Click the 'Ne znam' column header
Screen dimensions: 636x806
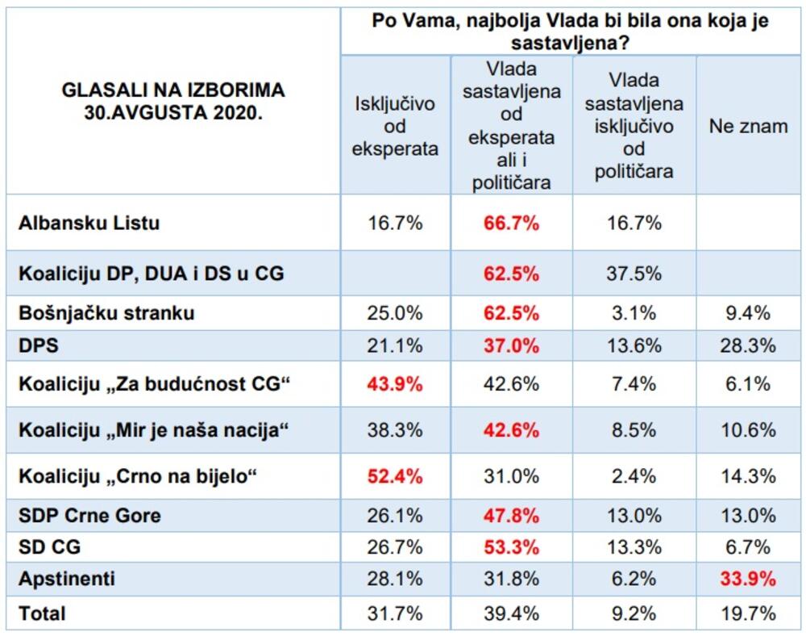748,126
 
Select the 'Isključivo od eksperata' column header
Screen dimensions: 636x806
395,126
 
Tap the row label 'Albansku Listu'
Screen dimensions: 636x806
89,223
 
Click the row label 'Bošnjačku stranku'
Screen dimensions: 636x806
106,313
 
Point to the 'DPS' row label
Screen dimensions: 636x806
38,345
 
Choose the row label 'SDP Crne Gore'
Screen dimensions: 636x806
89,515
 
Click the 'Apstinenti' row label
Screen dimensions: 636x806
66,579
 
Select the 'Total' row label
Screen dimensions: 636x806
42,613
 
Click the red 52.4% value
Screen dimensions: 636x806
395,476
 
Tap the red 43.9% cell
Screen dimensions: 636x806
395,384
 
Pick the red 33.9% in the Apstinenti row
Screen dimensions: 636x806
748,579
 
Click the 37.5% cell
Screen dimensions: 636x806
634,274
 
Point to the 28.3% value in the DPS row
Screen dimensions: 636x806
748,345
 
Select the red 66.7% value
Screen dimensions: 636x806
512,223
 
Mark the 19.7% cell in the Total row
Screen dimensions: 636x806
748,613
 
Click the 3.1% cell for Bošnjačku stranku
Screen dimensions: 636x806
634,313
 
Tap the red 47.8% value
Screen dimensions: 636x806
512,515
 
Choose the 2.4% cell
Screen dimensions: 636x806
634,476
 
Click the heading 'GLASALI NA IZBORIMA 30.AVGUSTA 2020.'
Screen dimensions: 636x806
173,102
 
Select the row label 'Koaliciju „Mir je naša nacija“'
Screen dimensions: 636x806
153,430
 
